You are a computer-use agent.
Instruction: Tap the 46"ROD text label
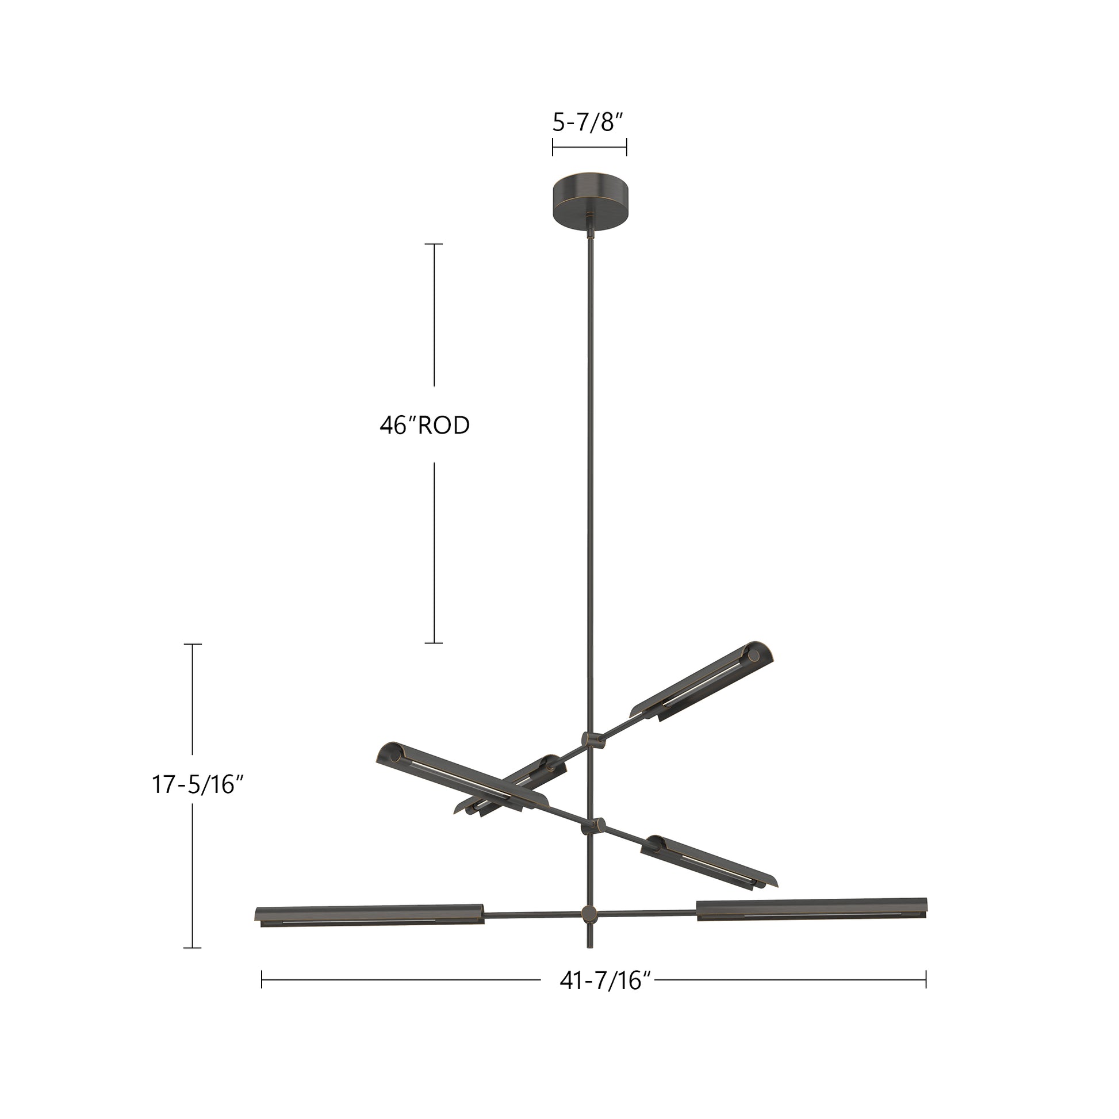pos(424,426)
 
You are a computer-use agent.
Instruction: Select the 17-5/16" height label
pos(196,785)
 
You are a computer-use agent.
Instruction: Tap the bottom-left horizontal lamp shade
pos(369,914)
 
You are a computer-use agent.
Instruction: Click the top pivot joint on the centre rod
pos(591,739)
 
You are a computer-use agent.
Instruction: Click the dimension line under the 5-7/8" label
pos(589,147)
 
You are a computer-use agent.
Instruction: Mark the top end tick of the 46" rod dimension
pos(434,244)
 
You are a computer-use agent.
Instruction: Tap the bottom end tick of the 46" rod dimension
pos(434,643)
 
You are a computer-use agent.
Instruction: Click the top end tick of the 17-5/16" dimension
pos(192,644)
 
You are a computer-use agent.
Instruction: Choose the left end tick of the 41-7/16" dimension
pos(262,979)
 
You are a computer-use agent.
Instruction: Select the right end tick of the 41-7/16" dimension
pos(926,979)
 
